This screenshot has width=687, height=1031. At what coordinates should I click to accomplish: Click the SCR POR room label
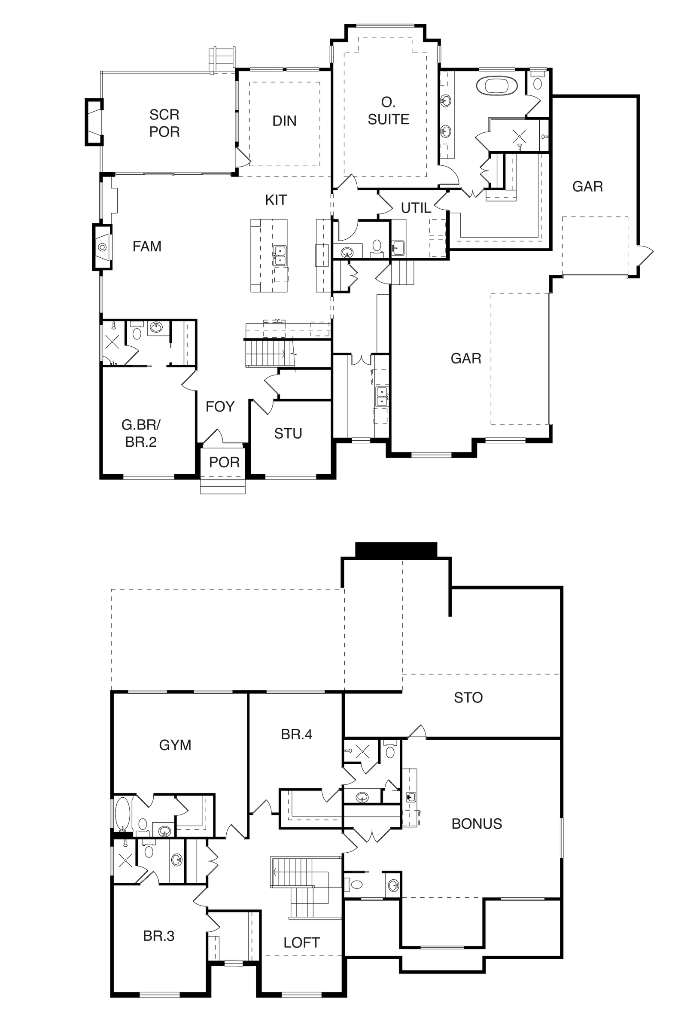coord(164,123)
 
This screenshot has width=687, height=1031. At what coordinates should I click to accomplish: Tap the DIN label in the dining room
coord(284,121)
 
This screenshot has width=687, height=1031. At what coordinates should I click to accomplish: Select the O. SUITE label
coord(388,111)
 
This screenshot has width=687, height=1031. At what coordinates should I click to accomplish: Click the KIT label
coord(276,200)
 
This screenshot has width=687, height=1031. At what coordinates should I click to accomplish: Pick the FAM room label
coord(147,246)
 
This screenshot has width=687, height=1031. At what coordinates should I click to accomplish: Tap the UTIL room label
coord(416,208)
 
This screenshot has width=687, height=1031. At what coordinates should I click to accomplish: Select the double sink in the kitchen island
coord(280,256)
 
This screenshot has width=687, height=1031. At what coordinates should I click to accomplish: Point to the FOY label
coord(220,407)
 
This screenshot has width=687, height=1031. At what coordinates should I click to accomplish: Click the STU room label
coord(288,433)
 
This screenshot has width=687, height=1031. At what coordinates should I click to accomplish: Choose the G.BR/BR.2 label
coord(141,433)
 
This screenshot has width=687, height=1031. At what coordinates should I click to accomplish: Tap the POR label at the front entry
coord(224,462)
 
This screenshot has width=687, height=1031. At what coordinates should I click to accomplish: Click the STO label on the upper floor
coord(468,697)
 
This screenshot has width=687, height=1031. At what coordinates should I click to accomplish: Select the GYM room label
coord(175,745)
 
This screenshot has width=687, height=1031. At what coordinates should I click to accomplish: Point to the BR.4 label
coord(297,734)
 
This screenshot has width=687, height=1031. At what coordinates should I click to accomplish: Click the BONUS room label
coord(477,824)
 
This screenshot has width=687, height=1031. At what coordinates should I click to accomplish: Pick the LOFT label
coord(301,943)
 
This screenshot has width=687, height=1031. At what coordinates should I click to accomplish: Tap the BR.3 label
coord(158,936)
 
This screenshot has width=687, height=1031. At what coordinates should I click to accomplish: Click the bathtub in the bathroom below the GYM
coord(123,814)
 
